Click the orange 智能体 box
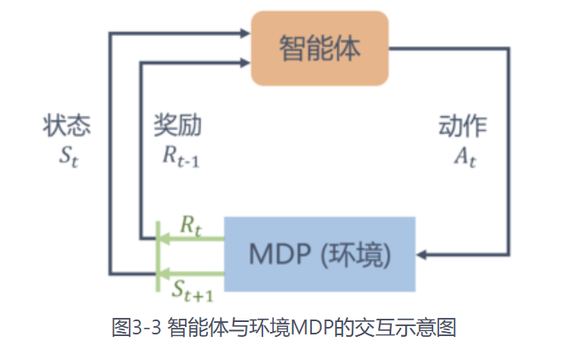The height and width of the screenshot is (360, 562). [319, 48]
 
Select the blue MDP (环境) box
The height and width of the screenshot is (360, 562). [319, 254]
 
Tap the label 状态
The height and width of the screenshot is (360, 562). [67, 126]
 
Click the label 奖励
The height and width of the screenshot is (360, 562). [177, 126]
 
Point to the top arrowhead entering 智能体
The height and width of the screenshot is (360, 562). [244, 34]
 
